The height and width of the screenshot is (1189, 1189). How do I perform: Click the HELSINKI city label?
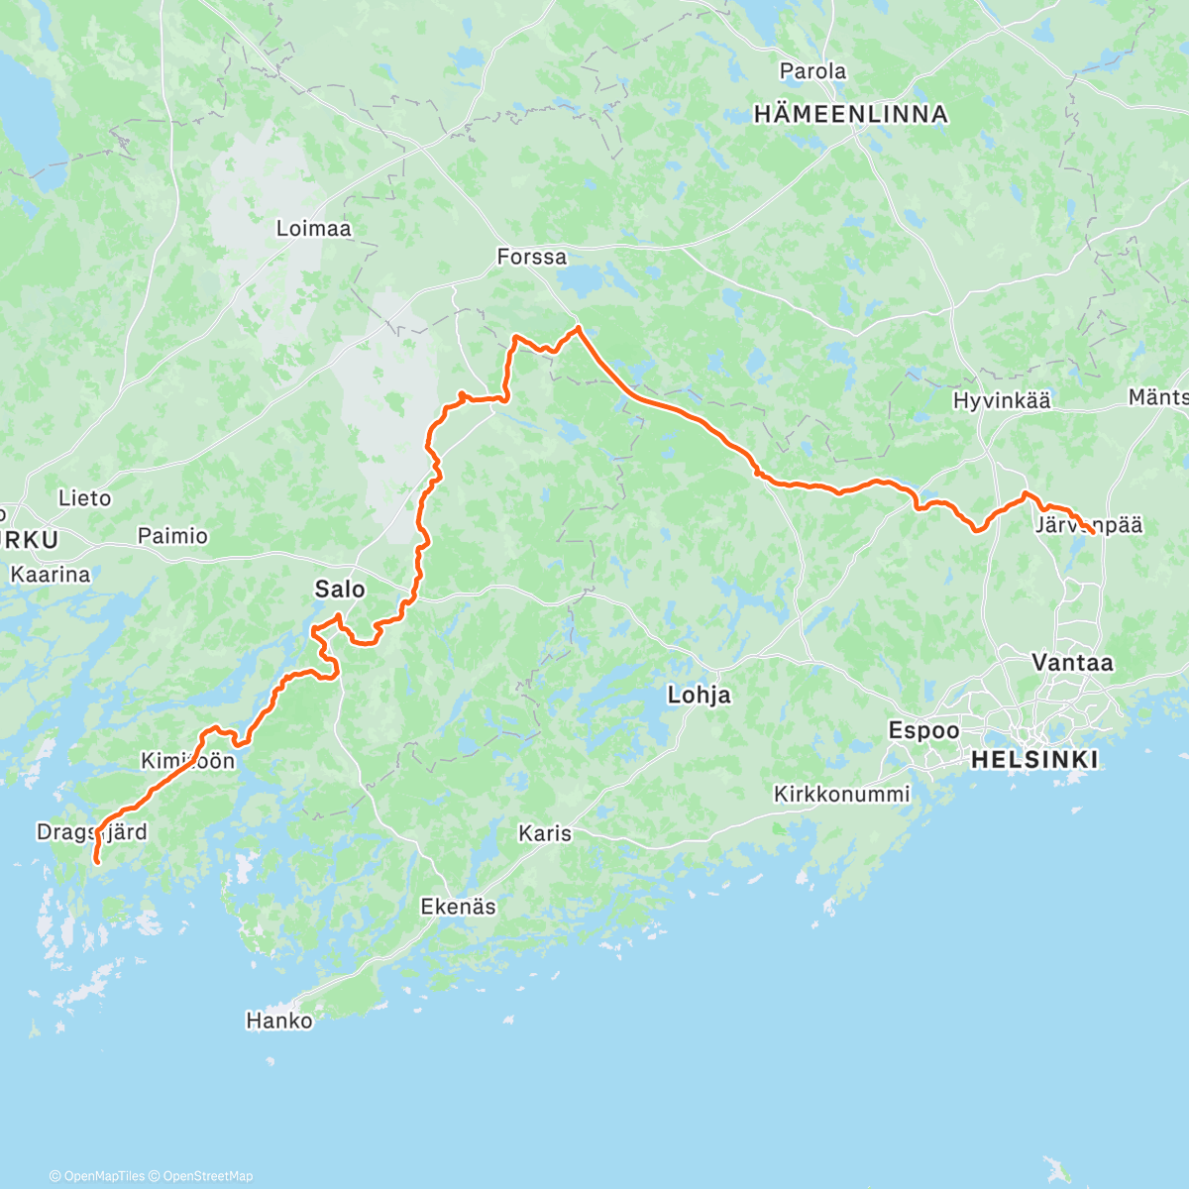(x=1034, y=760)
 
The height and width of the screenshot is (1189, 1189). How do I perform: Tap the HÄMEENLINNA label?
(x=850, y=115)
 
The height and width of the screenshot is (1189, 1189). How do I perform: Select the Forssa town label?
(x=532, y=258)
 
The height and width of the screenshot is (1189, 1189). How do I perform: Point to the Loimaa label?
(x=313, y=229)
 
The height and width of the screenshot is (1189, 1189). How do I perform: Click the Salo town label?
(x=340, y=590)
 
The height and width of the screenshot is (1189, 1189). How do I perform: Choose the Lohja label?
(x=700, y=696)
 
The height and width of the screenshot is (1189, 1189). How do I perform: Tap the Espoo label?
(x=923, y=731)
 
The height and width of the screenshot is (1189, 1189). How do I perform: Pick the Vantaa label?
(x=1072, y=663)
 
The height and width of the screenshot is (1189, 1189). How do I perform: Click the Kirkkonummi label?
(x=841, y=795)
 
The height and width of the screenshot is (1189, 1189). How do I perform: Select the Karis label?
(x=545, y=833)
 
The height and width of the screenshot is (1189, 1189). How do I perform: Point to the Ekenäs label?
(x=458, y=907)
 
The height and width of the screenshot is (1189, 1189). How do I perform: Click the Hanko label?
(x=279, y=1021)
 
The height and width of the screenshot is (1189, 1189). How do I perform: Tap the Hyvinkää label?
(x=1002, y=401)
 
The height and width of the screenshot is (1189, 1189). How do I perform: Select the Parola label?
(x=812, y=71)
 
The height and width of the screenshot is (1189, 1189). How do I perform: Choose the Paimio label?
(x=172, y=536)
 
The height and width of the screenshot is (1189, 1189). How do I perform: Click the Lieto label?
(x=84, y=498)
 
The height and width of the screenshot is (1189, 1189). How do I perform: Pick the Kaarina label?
(x=50, y=575)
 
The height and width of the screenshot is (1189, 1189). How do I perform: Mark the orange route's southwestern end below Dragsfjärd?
(x=96, y=862)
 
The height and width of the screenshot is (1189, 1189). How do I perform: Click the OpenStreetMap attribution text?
(x=208, y=1176)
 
